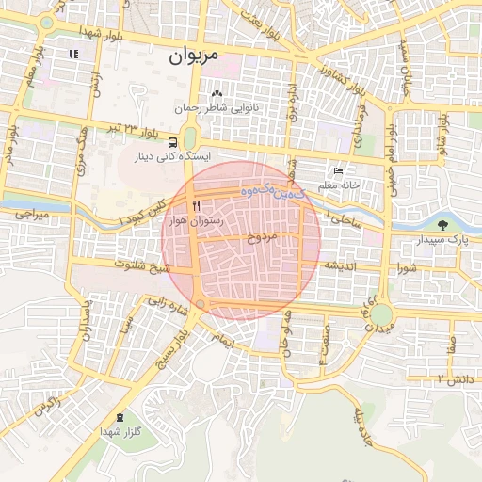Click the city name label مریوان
pyautogui.click(x=193, y=56)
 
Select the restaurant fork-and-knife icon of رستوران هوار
pyautogui.click(x=196, y=203)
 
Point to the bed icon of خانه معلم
pyautogui.click(x=337, y=171)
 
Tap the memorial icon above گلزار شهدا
pyautogui.click(x=120, y=417)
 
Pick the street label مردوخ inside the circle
pyautogui.click(x=263, y=237)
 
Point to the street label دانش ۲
pyautogui.click(x=454, y=378)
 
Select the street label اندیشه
pyautogui.click(x=339, y=266)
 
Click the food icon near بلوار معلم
pyautogui.click(x=73, y=54)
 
